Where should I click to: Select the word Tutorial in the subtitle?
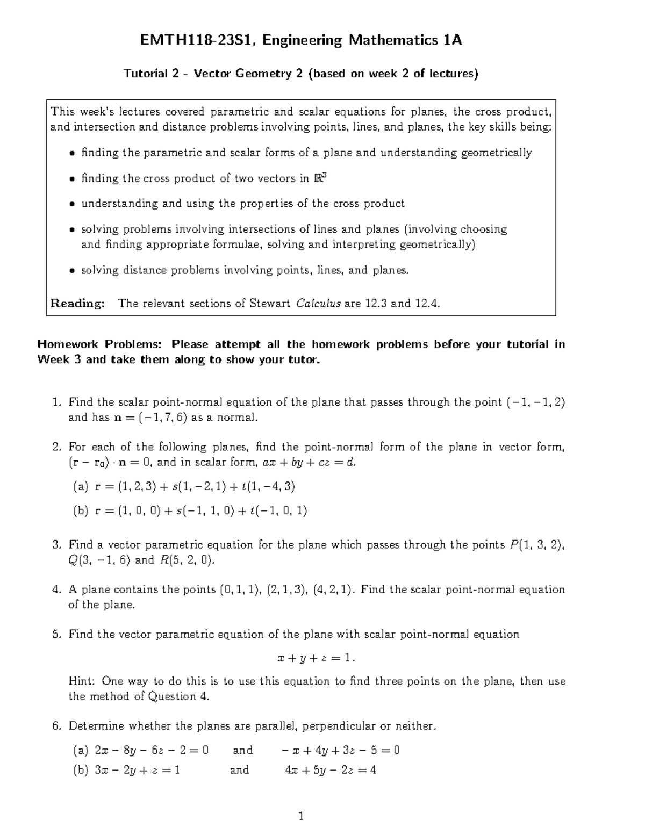click(x=144, y=74)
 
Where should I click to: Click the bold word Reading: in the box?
click(x=77, y=304)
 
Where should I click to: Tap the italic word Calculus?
click(x=318, y=304)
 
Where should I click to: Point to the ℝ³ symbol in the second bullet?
click(x=320, y=178)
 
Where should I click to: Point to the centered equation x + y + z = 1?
click(x=316, y=658)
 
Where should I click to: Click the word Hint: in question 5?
click(x=82, y=681)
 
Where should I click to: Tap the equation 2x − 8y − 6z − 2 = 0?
click(x=151, y=750)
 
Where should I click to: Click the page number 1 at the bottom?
click(x=301, y=817)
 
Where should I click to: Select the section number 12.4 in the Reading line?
click(x=427, y=304)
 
